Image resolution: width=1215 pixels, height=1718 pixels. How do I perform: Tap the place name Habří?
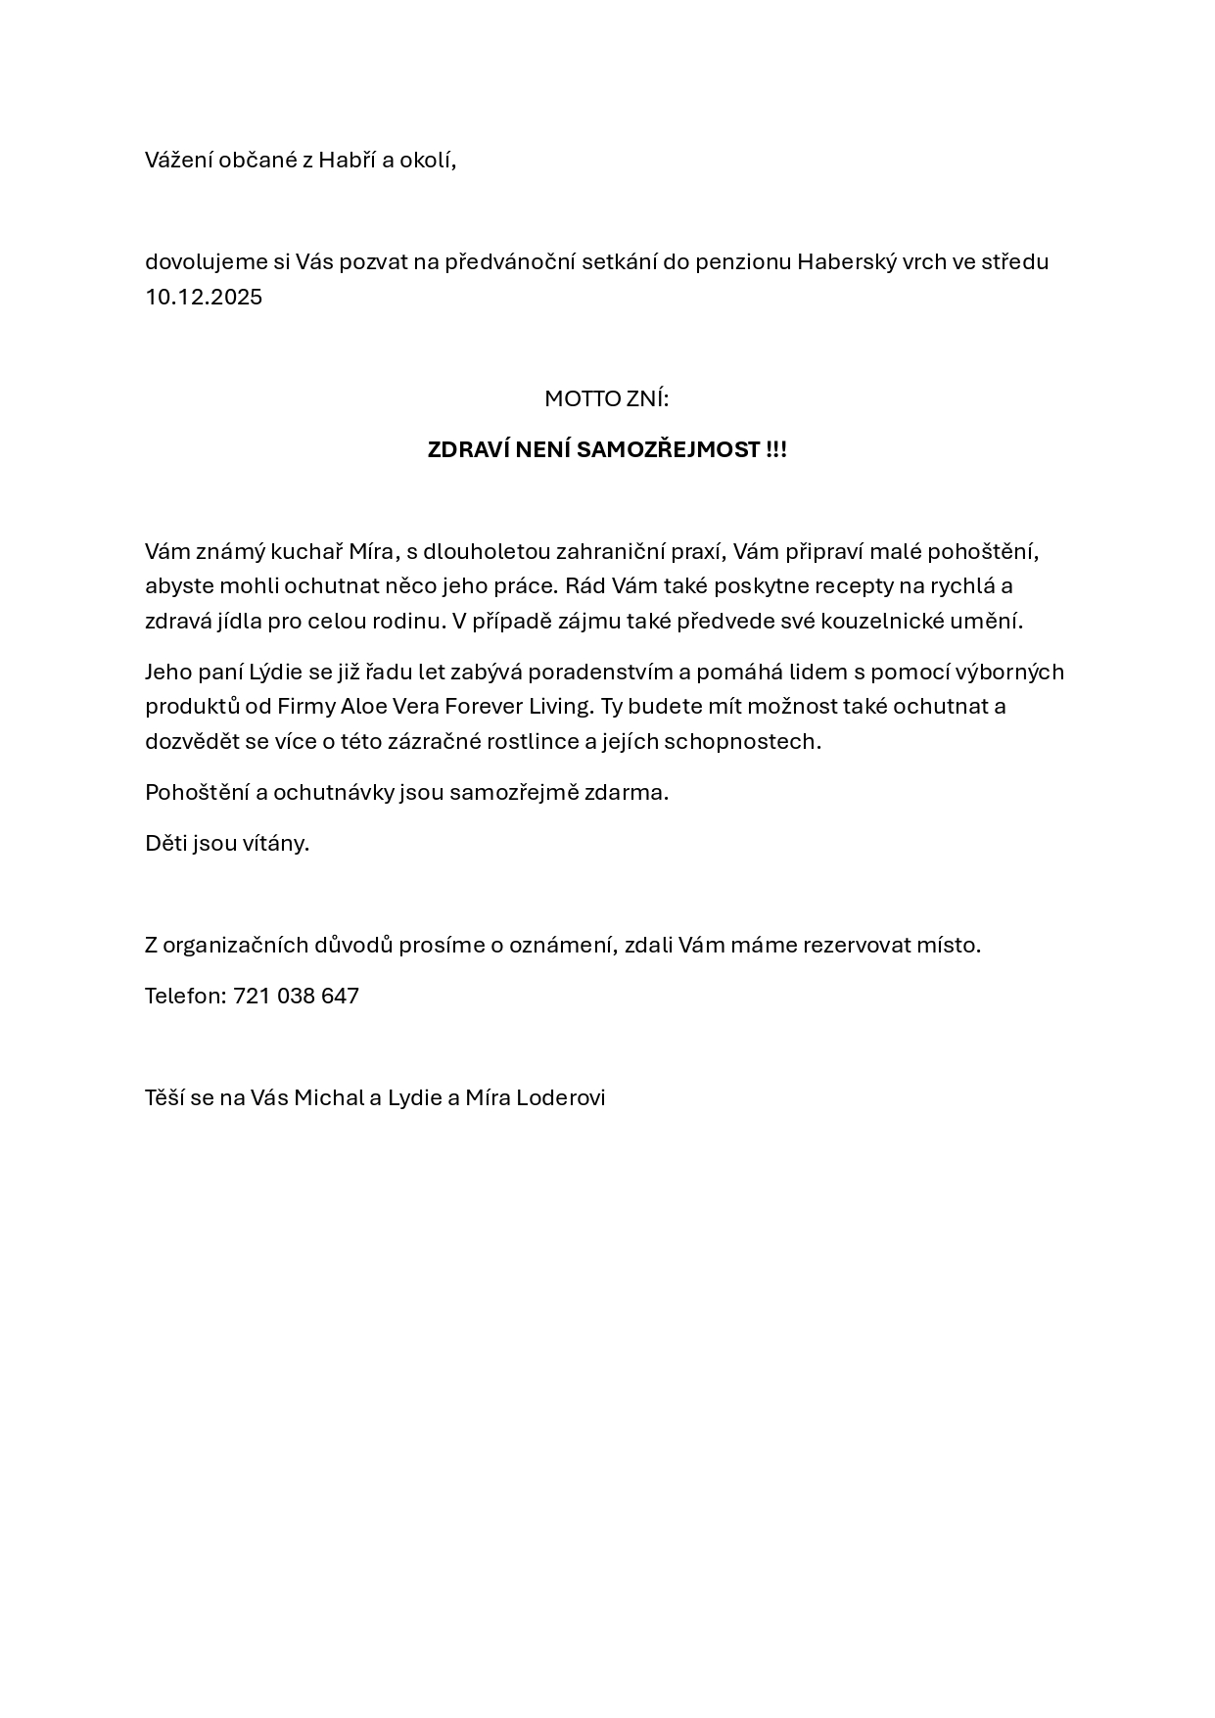pos(342,161)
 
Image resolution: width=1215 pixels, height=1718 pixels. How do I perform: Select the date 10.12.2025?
pos(204,298)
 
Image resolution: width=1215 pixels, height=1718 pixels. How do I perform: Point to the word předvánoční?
pos(508,262)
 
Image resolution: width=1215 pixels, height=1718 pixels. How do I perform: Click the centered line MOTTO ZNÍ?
pos(607,399)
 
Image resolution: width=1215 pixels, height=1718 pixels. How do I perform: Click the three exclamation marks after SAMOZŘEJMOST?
pos(776,450)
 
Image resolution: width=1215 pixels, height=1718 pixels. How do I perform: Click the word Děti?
pos(165,844)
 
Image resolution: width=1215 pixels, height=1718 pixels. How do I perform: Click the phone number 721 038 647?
pos(296,997)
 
